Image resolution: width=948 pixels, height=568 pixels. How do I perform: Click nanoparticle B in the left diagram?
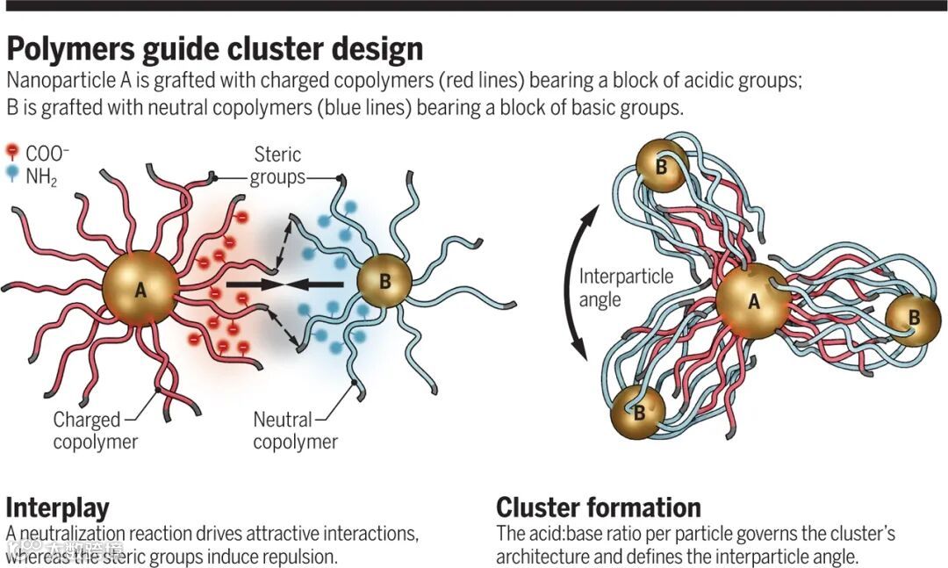tap(384, 282)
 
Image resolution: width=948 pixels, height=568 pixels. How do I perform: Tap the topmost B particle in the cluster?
tap(659, 166)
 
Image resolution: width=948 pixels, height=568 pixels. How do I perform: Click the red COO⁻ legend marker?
tap(11, 152)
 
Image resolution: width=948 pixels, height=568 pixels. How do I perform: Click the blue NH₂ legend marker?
tap(11, 173)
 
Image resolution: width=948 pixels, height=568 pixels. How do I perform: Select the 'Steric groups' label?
tap(276, 166)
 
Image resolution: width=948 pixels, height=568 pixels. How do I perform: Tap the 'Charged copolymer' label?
tap(95, 430)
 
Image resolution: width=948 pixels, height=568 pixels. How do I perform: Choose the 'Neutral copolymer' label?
tap(295, 430)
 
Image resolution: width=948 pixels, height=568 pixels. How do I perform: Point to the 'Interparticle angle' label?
tap(625, 288)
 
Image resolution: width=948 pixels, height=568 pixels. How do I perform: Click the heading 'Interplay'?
tap(57, 508)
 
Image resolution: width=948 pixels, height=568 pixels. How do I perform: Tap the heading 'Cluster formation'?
tap(598, 507)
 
